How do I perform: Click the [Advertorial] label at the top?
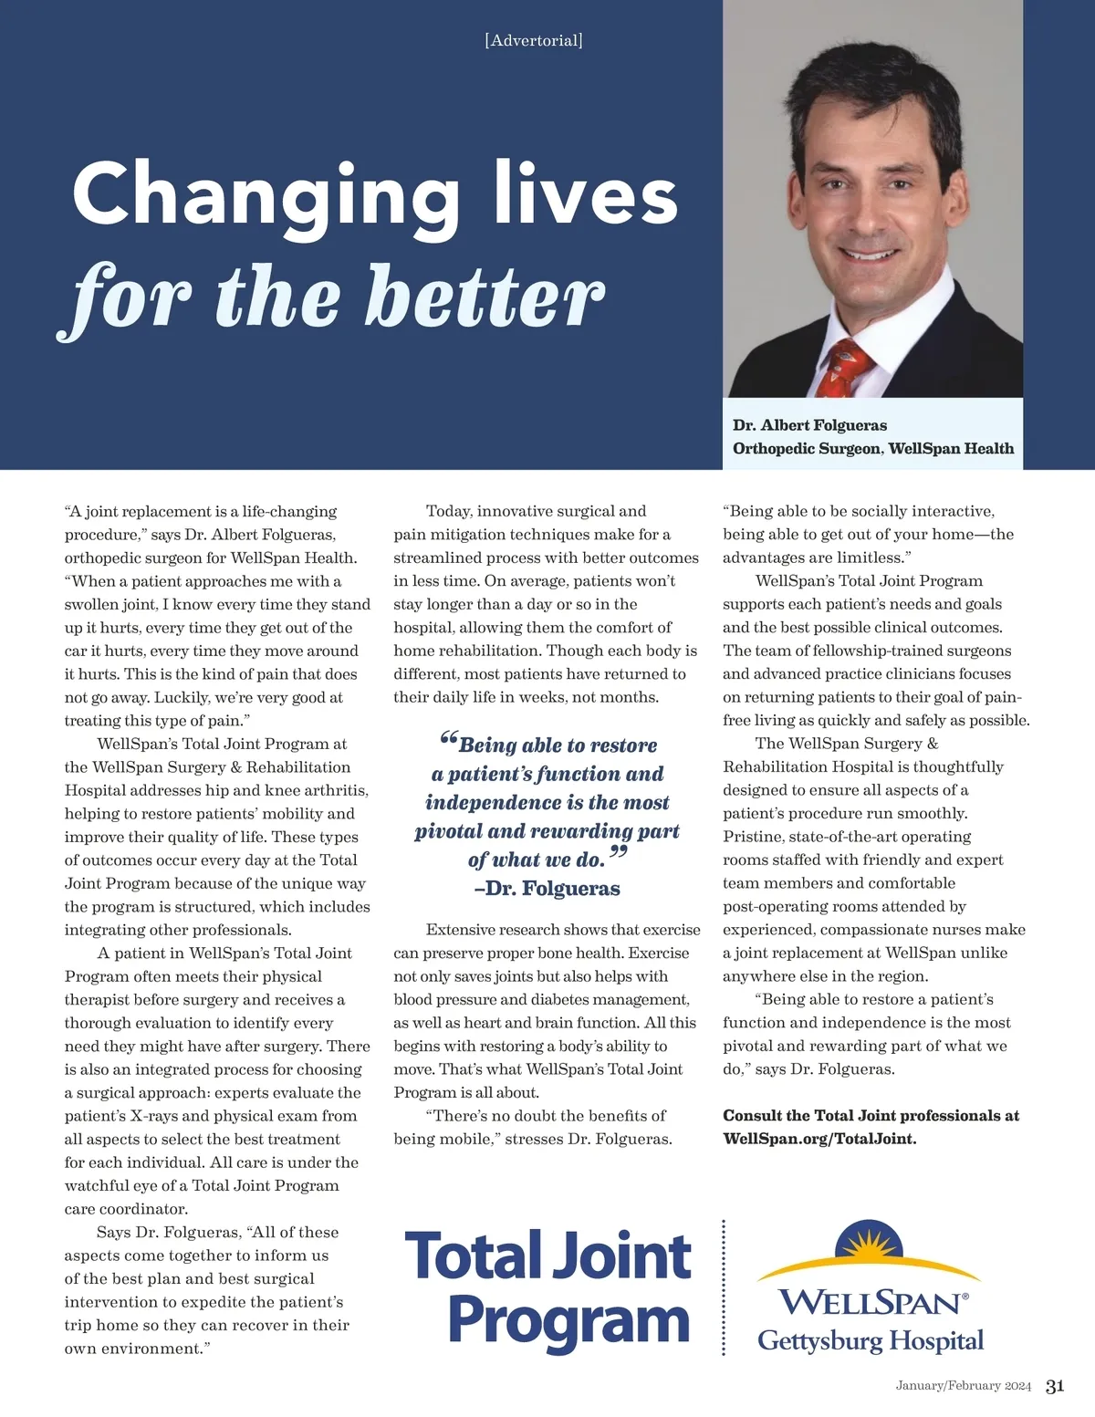[534, 40]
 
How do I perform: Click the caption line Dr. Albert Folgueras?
[809, 425]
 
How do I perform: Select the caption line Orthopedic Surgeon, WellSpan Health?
[872, 449]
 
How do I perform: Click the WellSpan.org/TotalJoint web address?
[819, 1139]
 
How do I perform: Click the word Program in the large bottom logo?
[568, 1320]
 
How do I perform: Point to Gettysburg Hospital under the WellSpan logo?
[871, 1340]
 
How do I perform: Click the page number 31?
[1055, 1386]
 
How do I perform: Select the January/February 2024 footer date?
[963, 1386]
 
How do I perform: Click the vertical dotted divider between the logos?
[724, 1287]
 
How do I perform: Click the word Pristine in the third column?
[753, 837]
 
